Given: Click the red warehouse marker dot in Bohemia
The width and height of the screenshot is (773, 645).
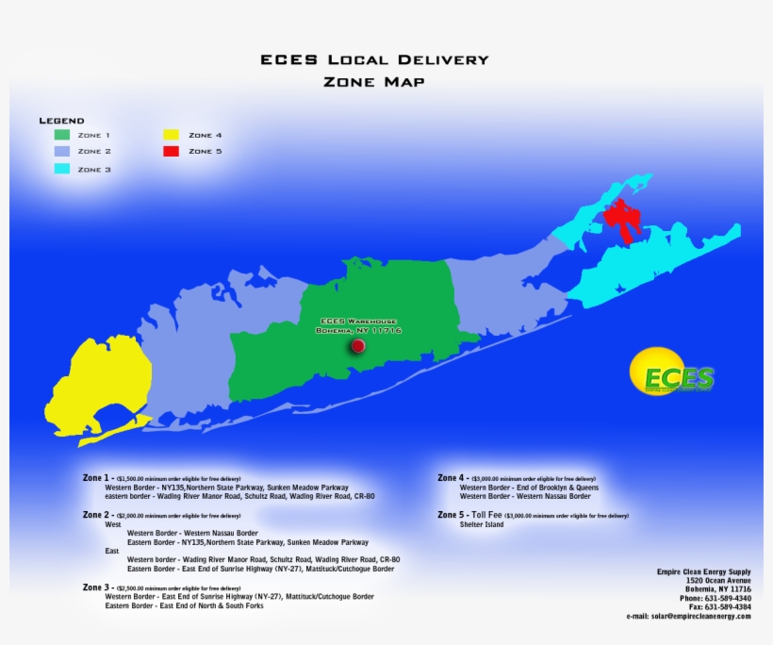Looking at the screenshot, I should [x=357, y=346].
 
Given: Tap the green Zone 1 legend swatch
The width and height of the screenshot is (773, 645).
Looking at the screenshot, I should [x=61, y=135].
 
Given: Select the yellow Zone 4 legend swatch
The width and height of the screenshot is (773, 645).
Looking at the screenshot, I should [x=171, y=135].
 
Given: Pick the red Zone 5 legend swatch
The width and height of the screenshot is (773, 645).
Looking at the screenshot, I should [x=171, y=151].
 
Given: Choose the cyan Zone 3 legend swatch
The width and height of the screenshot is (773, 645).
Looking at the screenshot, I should [x=61, y=169].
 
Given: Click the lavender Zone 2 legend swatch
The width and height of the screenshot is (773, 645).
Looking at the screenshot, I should [x=61, y=151].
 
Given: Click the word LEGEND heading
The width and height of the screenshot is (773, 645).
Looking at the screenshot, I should [x=61, y=121].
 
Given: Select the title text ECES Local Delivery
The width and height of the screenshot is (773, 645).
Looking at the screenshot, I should [x=374, y=59].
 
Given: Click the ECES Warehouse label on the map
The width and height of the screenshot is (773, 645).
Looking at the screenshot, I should [x=359, y=325].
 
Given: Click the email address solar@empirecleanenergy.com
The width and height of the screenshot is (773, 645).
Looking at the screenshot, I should [x=688, y=616].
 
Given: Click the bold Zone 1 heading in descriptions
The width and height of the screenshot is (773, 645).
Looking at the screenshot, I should [x=97, y=478].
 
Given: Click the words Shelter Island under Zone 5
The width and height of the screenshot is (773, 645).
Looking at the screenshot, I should [x=482, y=524].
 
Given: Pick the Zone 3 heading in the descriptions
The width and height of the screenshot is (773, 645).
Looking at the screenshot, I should [x=97, y=587].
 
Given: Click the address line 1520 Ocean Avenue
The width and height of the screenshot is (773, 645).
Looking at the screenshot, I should [x=718, y=580].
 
